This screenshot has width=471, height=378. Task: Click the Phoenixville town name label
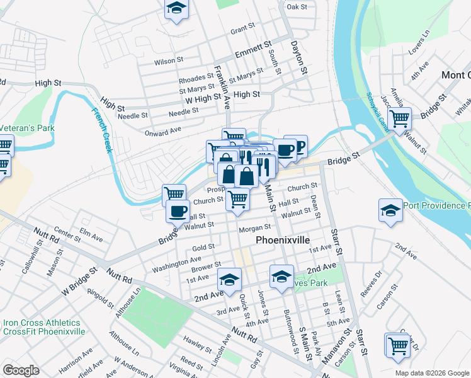pos(283,241)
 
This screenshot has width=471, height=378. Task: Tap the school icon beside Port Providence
pos(390,211)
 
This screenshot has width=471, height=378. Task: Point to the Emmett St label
pos(253,50)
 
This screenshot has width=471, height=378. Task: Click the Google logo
pos(21,370)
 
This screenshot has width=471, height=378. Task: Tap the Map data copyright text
pos(431,373)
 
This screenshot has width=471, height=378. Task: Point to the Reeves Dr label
pos(372,284)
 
